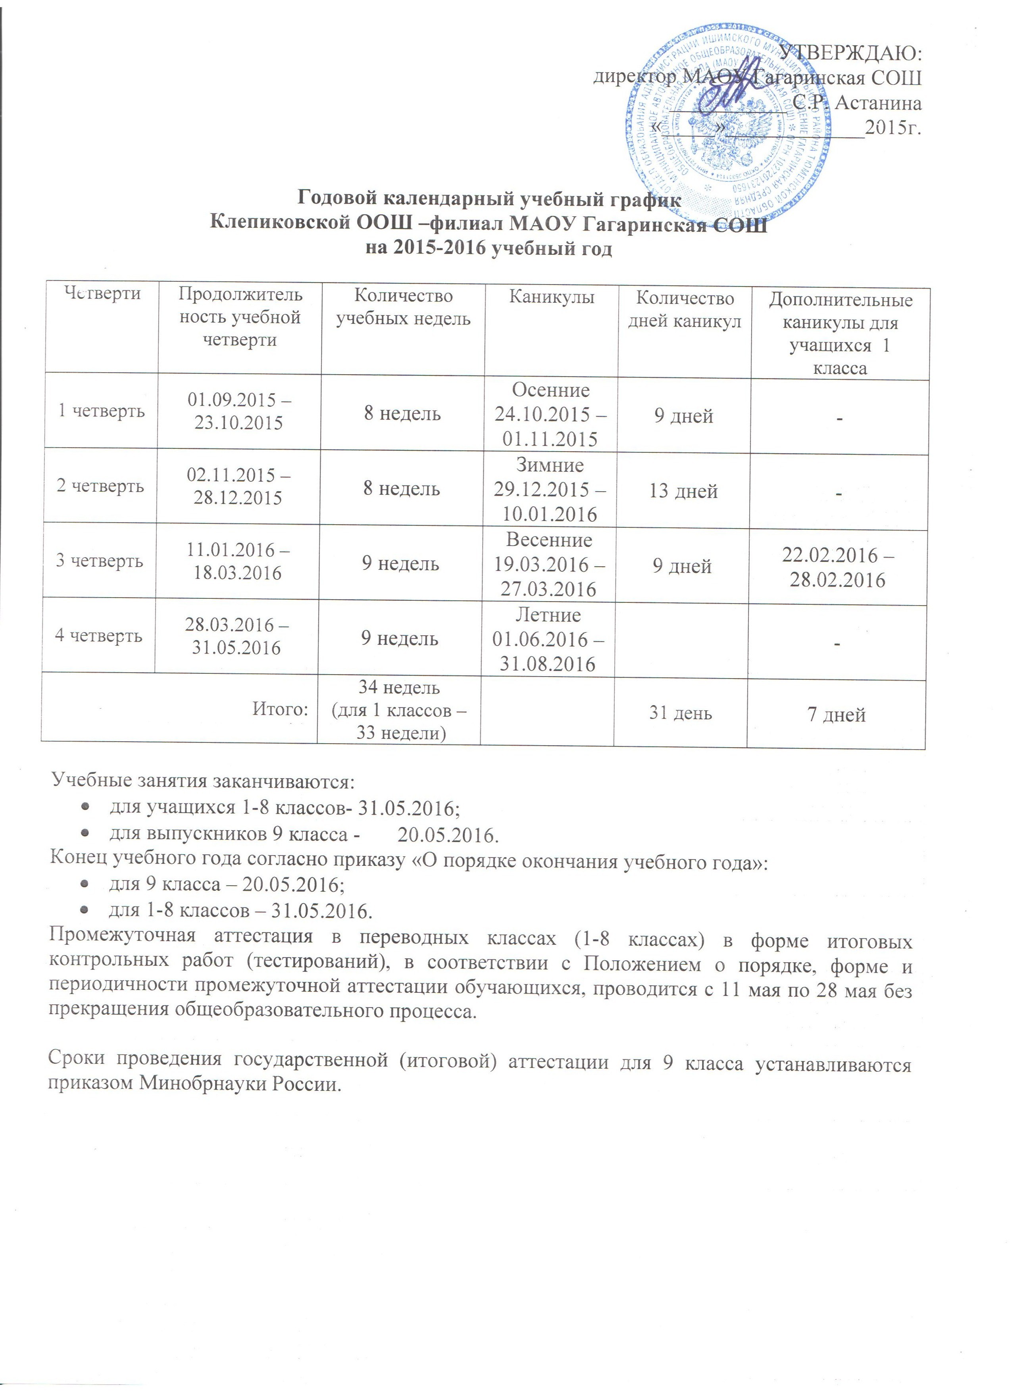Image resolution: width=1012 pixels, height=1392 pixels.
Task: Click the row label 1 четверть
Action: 101,411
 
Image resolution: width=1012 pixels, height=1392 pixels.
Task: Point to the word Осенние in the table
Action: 550,390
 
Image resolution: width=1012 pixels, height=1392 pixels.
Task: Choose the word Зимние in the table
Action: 550,465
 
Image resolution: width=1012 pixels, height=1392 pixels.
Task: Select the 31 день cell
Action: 681,713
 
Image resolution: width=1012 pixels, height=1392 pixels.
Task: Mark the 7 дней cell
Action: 837,714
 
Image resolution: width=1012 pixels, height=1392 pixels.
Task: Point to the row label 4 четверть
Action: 100,635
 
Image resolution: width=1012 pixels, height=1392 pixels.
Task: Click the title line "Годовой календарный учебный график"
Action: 489,200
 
